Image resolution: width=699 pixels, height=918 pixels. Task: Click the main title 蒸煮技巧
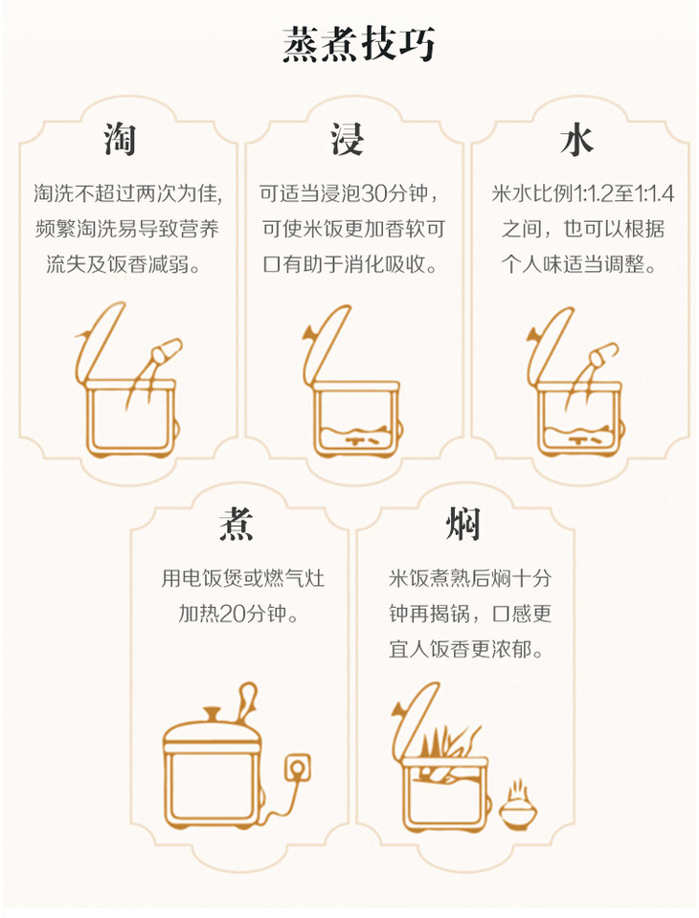[358, 44]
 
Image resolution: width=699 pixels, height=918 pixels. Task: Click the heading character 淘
[121, 140]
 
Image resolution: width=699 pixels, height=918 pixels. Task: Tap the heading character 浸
[347, 140]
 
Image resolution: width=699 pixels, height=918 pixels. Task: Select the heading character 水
[576, 141]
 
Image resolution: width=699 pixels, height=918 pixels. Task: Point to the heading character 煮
[237, 524]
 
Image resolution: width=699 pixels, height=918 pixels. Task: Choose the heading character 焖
[462, 524]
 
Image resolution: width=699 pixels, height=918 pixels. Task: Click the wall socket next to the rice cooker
[297, 768]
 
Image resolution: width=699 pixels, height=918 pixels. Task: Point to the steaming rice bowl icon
[517, 804]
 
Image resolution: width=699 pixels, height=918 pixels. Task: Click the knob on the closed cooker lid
[212, 715]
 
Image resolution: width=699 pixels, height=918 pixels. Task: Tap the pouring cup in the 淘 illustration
[167, 350]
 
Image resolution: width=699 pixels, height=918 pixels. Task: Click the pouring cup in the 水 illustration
[603, 353]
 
